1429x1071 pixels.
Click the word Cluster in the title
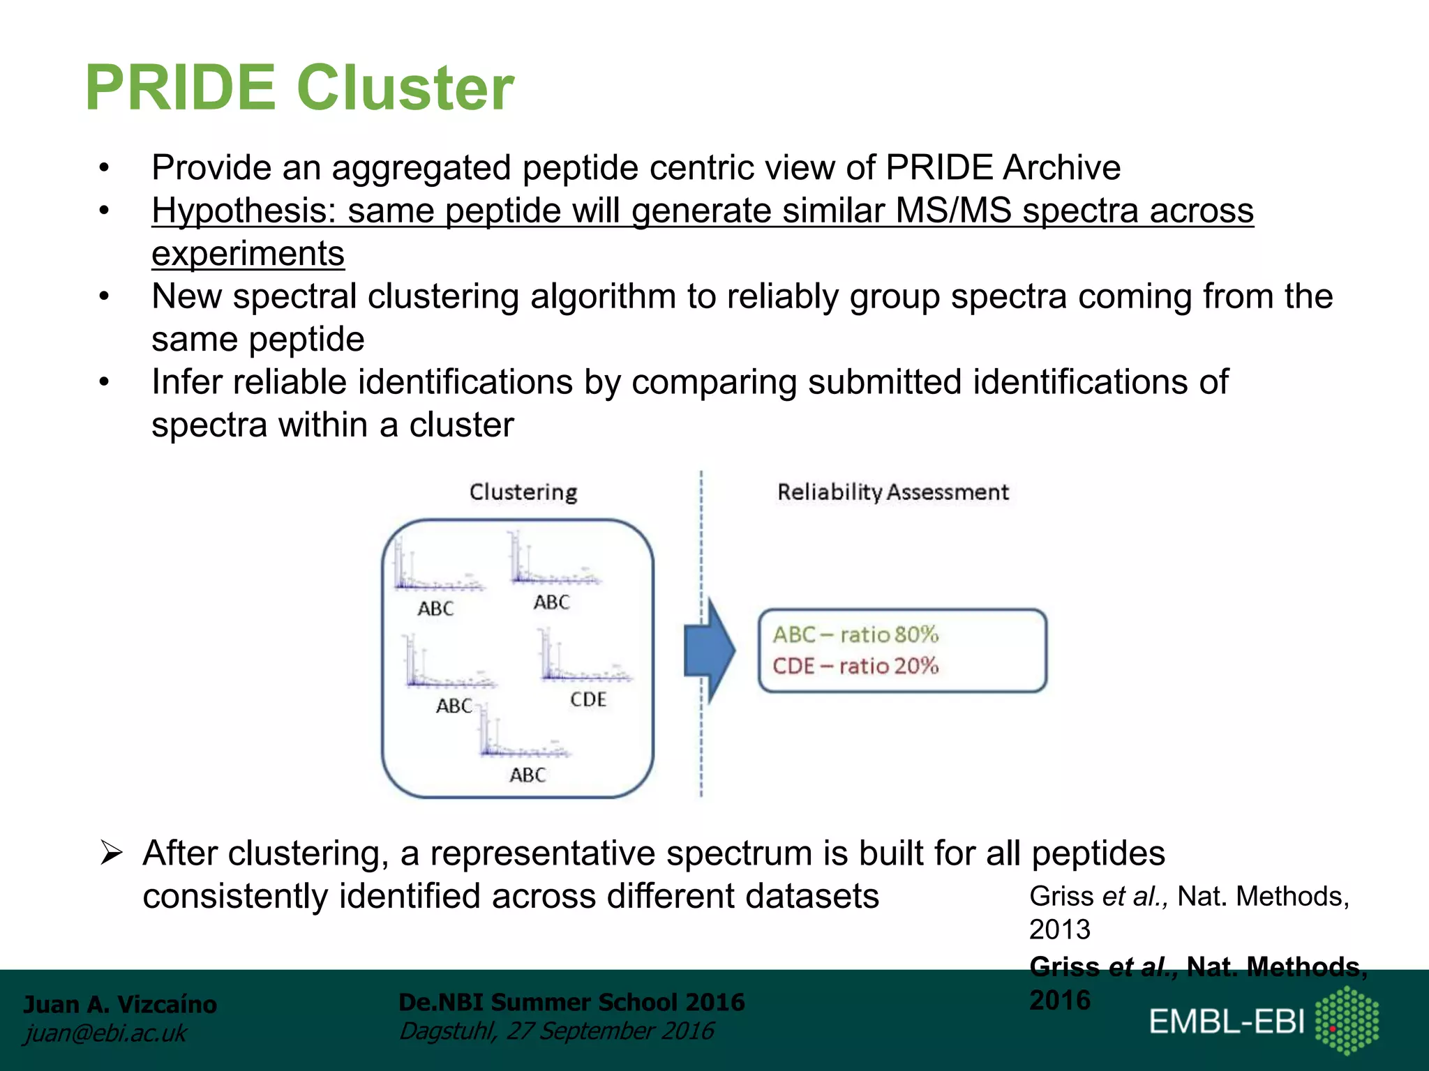tap(405, 89)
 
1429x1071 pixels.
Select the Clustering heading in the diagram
tap(523, 492)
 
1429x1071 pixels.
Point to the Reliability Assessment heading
tap(892, 492)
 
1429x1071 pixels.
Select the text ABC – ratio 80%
tap(855, 635)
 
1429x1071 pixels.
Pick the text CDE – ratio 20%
tap(855, 666)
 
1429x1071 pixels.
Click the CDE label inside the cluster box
tap(588, 699)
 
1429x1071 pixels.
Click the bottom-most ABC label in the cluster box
tap(528, 775)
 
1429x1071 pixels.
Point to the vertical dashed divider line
tap(701, 732)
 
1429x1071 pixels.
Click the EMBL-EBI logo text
tap(1227, 1021)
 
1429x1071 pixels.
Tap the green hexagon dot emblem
tap(1347, 1020)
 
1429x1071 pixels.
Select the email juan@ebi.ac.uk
tap(105, 1033)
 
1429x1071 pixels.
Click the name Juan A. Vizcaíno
tap(120, 1004)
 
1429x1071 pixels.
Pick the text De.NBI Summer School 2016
tap(571, 1002)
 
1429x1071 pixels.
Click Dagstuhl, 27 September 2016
tap(556, 1031)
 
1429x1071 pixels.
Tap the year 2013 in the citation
tap(1059, 929)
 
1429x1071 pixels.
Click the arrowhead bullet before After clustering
tap(112, 853)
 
